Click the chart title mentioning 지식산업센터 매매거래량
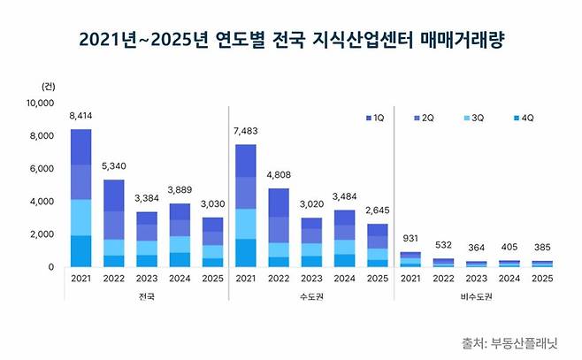(290, 40)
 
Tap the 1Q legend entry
(374, 118)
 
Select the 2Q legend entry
(423, 118)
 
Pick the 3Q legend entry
(472, 118)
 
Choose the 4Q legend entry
(522, 118)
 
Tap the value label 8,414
(80, 116)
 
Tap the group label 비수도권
(479, 297)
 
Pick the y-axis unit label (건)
(48, 85)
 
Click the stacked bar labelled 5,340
(114, 223)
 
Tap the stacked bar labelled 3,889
(180, 235)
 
